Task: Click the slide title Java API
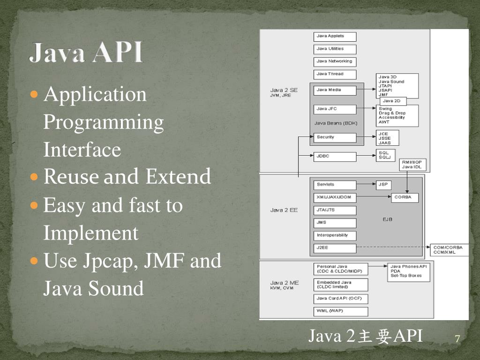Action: click(x=86, y=52)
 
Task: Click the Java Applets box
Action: click(x=335, y=36)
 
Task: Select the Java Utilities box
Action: click(x=335, y=49)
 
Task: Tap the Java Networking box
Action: click(x=335, y=61)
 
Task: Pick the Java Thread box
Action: click(x=335, y=74)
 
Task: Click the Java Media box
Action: click(x=335, y=90)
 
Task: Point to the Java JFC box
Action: click(x=335, y=109)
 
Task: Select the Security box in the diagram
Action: click(x=335, y=137)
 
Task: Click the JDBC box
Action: click(x=335, y=157)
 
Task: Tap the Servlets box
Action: click(x=335, y=185)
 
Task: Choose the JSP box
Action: click(x=384, y=185)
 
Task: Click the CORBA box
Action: click(x=405, y=197)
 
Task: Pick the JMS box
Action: click(x=335, y=223)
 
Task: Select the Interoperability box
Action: click(x=335, y=236)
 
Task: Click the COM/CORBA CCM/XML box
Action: click(x=448, y=250)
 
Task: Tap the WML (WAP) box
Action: click(x=341, y=311)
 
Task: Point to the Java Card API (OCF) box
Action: click(x=341, y=299)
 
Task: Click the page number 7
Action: click(x=457, y=339)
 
